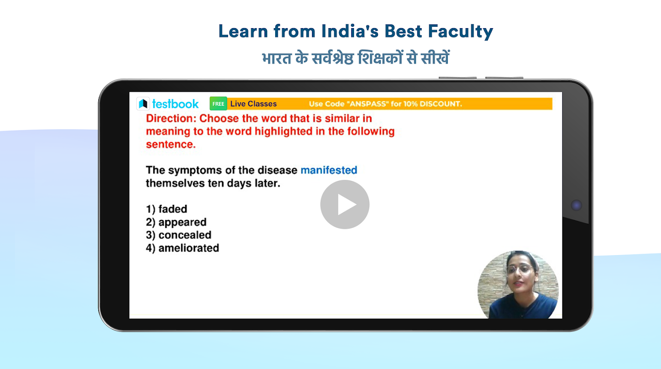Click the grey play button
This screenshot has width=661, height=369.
(345, 204)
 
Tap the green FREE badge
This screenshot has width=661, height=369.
(218, 104)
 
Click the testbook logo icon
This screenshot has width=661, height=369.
(143, 104)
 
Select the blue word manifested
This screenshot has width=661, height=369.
(329, 170)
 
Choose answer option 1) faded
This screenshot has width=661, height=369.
(167, 209)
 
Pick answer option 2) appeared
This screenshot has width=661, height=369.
(176, 222)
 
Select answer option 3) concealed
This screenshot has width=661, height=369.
(179, 235)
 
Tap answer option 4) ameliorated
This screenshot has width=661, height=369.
(182, 248)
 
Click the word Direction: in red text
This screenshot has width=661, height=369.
(171, 118)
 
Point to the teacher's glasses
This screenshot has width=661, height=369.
(520, 269)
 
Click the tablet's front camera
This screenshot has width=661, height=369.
(576, 205)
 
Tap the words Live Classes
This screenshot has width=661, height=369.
(253, 104)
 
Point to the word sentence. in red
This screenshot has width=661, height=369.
(171, 144)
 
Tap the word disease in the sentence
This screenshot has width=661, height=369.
(277, 170)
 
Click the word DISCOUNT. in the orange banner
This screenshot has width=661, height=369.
(441, 104)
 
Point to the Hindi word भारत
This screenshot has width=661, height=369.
(277, 58)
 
